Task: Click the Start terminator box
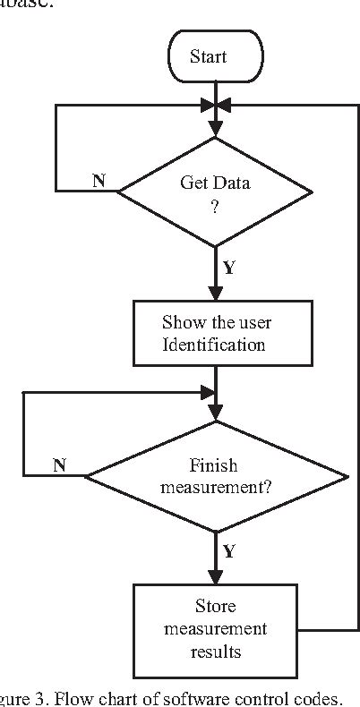tap(214, 56)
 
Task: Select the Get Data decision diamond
tap(216, 192)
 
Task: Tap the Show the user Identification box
tap(215, 332)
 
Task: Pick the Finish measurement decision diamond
tap(215, 477)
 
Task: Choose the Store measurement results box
tap(215, 628)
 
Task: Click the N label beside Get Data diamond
tap(100, 181)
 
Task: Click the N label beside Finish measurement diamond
tap(60, 465)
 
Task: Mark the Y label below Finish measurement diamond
tap(229, 551)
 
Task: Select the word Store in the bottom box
tap(215, 606)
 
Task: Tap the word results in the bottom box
tap(215, 652)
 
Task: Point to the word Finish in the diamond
tap(214, 466)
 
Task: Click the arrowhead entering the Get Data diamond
tap(215, 131)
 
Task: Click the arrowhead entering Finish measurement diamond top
tap(215, 414)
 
